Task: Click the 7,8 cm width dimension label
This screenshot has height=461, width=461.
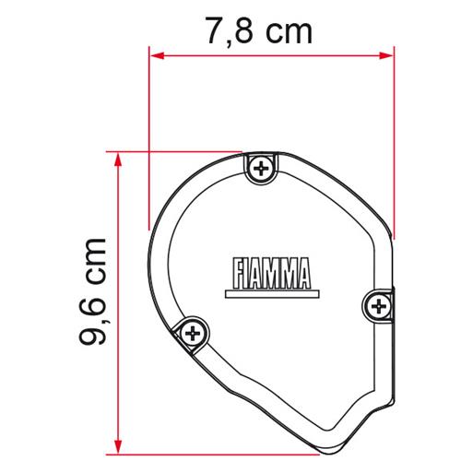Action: click(259, 31)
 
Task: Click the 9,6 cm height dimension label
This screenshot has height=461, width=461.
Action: click(93, 291)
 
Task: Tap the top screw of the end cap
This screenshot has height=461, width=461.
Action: click(261, 169)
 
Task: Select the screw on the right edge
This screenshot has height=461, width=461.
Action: click(379, 306)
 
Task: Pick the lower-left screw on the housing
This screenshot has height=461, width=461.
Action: click(193, 333)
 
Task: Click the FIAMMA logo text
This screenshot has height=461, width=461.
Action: click(272, 274)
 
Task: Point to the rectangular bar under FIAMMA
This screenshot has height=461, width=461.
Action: click(272, 294)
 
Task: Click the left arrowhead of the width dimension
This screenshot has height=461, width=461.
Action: click(158, 55)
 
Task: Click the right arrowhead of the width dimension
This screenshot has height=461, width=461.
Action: click(386, 55)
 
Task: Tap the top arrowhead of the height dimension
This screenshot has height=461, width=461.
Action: click(118, 160)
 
